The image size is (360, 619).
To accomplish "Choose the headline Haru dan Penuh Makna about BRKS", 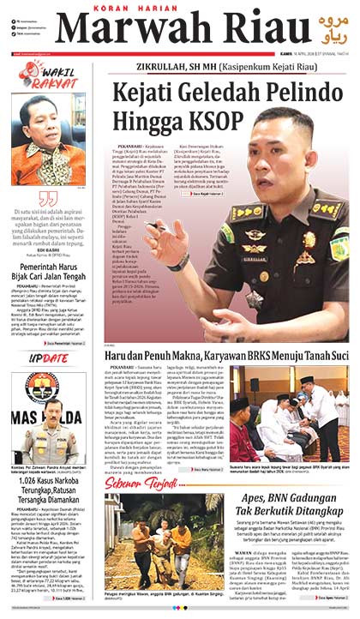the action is pyautogui.click(x=227, y=356).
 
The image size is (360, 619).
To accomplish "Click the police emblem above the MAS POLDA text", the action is pyautogui.click(x=42, y=386).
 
